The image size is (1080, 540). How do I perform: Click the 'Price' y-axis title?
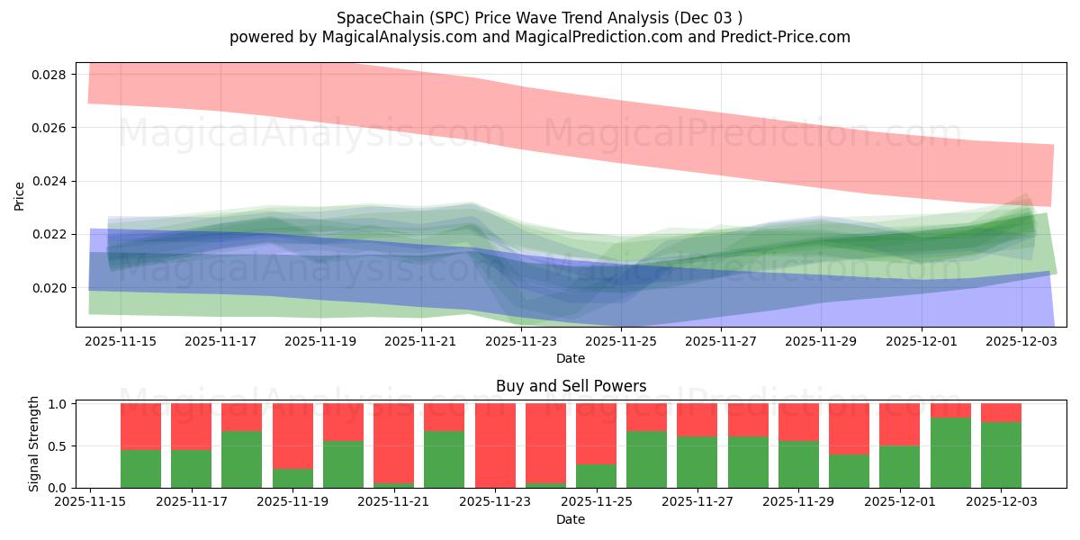pyautogui.click(x=20, y=194)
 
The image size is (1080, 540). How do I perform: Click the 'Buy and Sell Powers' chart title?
pyautogui.click(x=571, y=386)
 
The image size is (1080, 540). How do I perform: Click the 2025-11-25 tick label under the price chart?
pyautogui.click(x=621, y=342)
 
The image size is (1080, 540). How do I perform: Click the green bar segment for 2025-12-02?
pyautogui.click(x=950, y=453)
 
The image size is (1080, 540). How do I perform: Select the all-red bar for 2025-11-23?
pyautogui.click(x=495, y=445)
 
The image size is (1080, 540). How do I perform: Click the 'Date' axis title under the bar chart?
pyautogui.click(x=571, y=519)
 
